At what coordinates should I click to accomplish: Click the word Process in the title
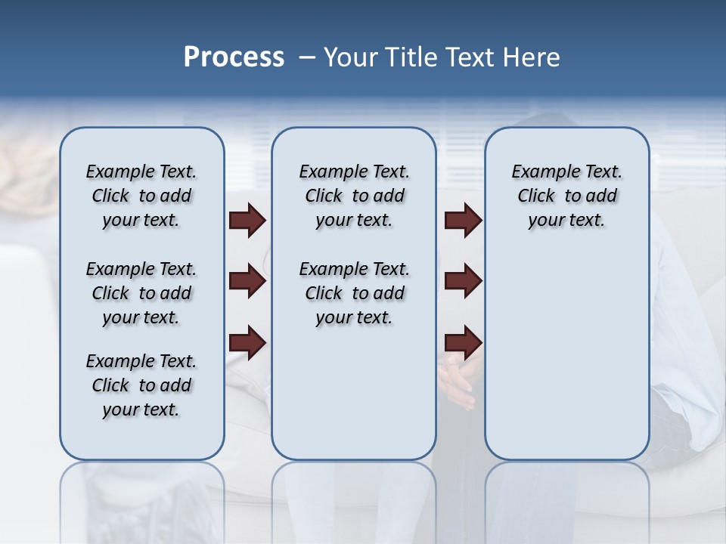click(234, 57)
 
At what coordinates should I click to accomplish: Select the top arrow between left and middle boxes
click(247, 221)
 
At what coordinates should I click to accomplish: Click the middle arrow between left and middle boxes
click(247, 282)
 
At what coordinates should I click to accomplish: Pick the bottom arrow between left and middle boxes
click(247, 343)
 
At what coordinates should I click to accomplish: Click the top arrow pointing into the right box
click(464, 221)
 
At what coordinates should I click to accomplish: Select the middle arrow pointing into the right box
click(464, 282)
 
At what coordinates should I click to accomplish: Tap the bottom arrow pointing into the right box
click(464, 343)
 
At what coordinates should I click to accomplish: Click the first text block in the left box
click(141, 196)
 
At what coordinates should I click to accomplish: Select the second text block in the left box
click(141, 293)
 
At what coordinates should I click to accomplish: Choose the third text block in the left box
click(141, 385)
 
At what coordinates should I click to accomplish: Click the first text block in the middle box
click(354, 196)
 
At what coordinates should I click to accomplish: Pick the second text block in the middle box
click(354, 293)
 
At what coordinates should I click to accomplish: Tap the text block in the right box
click(566, 196)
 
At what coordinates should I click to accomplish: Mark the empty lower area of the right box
click(566, 355)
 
